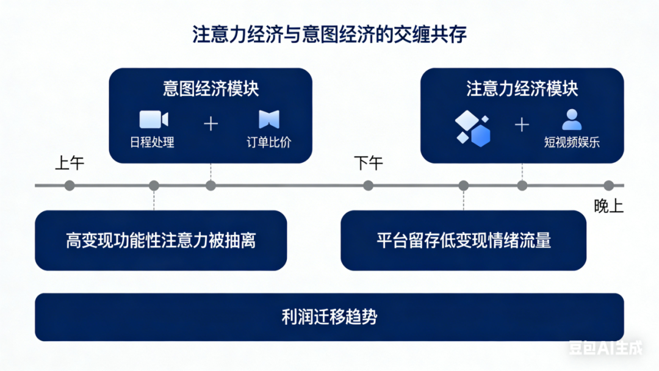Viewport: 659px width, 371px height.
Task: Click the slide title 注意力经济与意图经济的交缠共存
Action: [x=329, y=34]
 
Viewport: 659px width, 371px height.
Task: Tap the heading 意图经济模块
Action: [x=211, y=88]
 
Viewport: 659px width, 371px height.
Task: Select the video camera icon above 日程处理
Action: [x=153, y=119]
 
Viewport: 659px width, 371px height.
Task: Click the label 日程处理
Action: [x=153, y=143]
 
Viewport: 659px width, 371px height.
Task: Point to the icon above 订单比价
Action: [x=268, y=119]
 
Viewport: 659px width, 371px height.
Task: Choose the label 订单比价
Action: [x=269, y=143]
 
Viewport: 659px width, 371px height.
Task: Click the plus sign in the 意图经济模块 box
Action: [x=211, y=124]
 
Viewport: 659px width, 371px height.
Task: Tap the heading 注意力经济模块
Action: [x=522, y=88]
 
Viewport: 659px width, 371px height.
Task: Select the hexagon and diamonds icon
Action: [x=473, y=128]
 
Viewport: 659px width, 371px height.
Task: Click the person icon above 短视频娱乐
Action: [x=572, y=119]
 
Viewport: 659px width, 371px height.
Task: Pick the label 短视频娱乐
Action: [x=572, y=143]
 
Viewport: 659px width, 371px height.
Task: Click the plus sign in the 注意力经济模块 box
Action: [x=522, y=124]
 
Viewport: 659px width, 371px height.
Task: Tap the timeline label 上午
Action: [x=70, y=164]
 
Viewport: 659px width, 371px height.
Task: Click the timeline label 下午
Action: [x=369, y=164]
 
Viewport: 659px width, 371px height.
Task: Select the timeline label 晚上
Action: [x=608, y=206]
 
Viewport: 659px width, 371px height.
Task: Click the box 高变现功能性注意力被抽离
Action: [x=161, y=240]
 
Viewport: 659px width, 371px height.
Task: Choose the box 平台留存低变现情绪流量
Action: [x=463, y=240]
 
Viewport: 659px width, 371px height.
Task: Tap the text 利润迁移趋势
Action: [x=329, y=317]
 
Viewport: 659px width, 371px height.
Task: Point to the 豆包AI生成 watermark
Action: [x=605, y=348]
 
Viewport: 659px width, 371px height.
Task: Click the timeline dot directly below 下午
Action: [x=368, y=185]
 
